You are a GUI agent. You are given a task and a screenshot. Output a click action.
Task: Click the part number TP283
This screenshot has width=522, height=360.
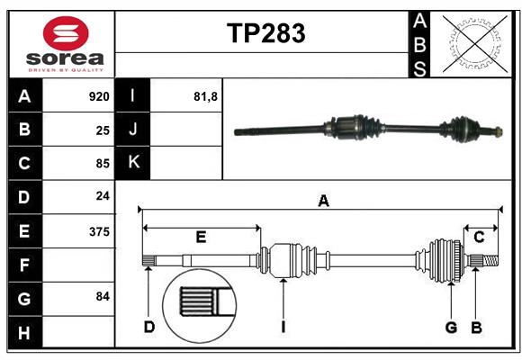[x=265, y=34]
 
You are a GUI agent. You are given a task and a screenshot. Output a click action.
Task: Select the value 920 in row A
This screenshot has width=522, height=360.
[x=98, y=96]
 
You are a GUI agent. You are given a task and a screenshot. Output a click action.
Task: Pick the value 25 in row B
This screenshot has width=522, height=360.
[x=102, y=130]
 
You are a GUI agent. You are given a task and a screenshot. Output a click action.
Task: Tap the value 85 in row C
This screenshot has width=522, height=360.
[x=102, y=163]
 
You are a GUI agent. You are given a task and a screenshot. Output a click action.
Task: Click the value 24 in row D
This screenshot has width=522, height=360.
[x=102, y=196]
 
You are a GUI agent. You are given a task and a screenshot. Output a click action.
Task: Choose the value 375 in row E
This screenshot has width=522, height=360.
[x=98, y=231]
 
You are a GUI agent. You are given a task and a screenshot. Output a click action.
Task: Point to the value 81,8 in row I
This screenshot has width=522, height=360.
[x=206, y=96]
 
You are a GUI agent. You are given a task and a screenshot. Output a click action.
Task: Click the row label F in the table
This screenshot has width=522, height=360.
[x=24, y=265]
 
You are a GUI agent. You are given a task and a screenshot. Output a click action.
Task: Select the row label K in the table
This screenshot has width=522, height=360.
[x=133, y=163]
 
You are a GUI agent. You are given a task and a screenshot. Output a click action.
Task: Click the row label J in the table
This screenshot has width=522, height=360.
[x=133, y=130]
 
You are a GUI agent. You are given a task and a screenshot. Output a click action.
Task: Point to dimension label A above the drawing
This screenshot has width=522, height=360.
[x=323, y=202]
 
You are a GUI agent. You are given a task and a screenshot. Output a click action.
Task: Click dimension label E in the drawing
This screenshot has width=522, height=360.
[x=201, y=237]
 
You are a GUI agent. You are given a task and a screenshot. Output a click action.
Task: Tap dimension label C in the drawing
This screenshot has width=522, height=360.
[x=479, y=237]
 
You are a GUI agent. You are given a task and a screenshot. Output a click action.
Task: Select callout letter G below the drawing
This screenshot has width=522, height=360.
[x=451, y=327]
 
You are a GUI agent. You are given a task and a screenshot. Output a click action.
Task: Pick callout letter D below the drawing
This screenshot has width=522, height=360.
[x=148, y=327]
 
